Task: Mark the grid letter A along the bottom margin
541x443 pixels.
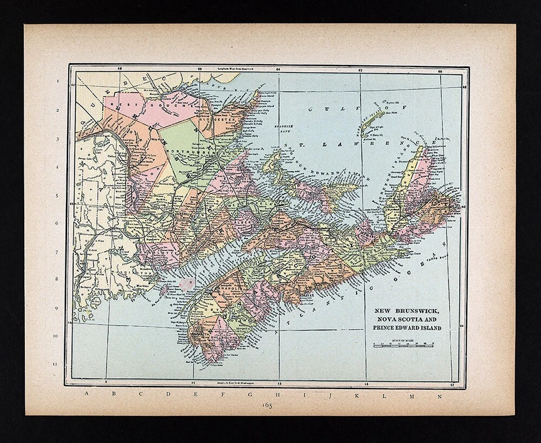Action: (86, 393)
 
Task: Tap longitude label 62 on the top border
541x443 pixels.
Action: (360, 70)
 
